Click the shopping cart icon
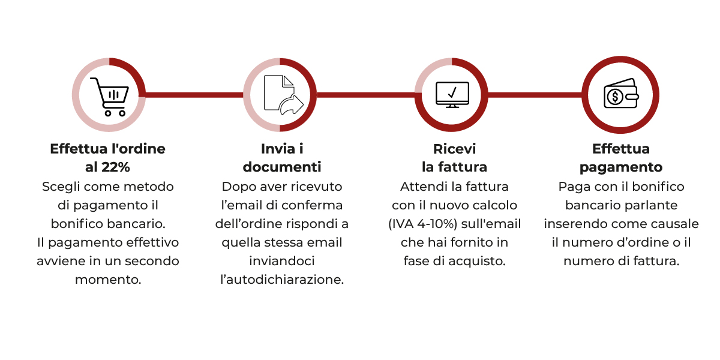click(109, 97)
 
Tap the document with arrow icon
click(283, 95)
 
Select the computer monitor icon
click(452, 95)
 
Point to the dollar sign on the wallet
click(615, 97)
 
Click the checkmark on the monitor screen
click(452, 92)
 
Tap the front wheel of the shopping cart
click(122, 113)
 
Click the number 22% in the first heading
click(115, 167)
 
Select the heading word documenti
click(282, 167)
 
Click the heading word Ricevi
click(454, 149)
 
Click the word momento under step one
click(108, 280)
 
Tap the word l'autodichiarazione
click(282, 280)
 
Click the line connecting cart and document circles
click(194, 95)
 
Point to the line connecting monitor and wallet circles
click(535, 95)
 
